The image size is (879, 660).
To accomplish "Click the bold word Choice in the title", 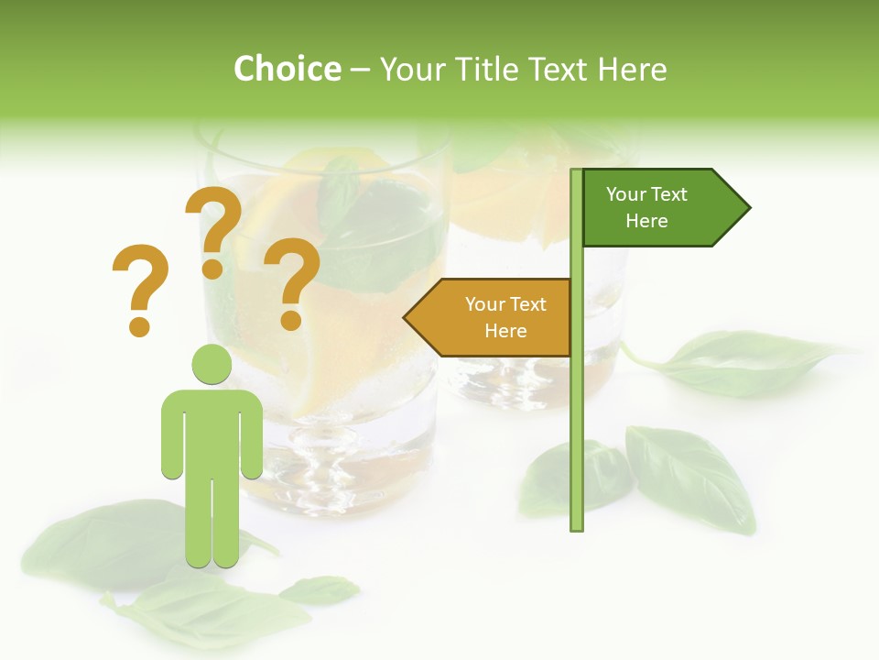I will coord(287,69).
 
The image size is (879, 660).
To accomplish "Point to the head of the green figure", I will coord(212,364).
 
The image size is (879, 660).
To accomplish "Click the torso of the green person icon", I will coord(212,431).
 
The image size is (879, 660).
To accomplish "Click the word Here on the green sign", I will coord(646,221).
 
